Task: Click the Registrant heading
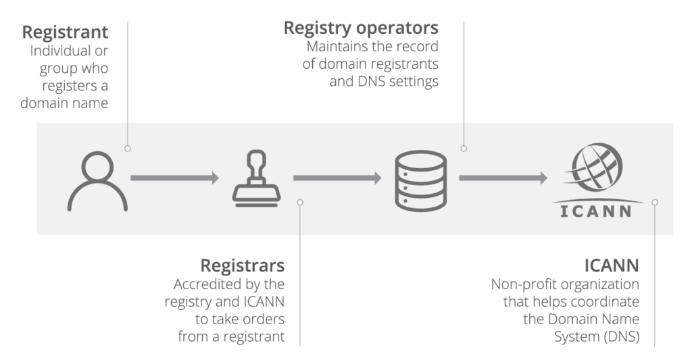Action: tap(65, 32)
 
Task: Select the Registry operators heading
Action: tap(361, 28)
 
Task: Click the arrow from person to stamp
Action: tap(174, 178)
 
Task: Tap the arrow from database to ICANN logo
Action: tap(503, 178)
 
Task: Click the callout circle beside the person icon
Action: tap(128, 148)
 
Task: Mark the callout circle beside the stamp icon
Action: tap(300, 201)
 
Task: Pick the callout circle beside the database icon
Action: tap(464, 148)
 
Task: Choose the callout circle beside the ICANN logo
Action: tap(655, 201)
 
